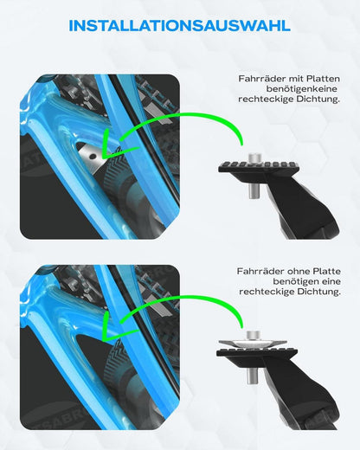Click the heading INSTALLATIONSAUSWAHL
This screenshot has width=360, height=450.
pyautogui.click(x=179, y=26)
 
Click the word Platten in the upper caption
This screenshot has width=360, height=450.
pyautogui.click(x=323, y=79)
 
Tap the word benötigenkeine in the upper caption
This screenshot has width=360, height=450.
pyautogui.click(x=302, y=89)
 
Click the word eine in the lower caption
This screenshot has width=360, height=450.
pyautogui.click(x=331, y=281)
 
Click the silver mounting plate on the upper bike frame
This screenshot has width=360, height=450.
pyautogui.click(x=92, y=156)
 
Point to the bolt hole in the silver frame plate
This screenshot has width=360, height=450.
pyautogui.click(x=93, y=156)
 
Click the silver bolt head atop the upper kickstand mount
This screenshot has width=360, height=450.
pyautogui.click(x=254, y=158)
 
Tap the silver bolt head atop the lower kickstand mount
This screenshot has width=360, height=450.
pyautogui.click(x=254, y=336)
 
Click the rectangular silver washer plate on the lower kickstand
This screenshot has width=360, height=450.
pyautogui.click(x=253, y=344)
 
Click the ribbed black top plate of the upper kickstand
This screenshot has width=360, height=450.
pyautogui.click(x=258, y=167)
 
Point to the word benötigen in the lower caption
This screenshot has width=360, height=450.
pyautogui.click(x=297, y=281)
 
